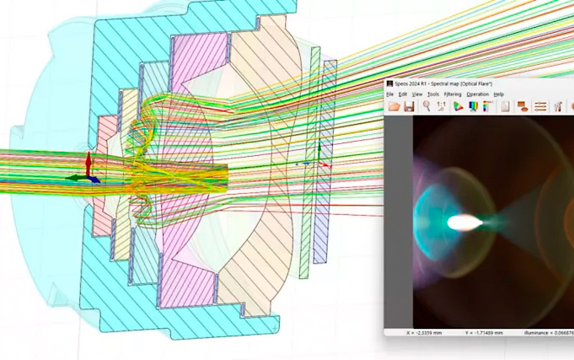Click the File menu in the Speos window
[x=390, y=94]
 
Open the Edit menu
[x=402, y=94]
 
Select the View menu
[x=417, y=94]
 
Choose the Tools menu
[x=432, y=94]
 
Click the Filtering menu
[x=453, y=94]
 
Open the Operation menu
[x=477, y=94]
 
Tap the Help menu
[x=499, y=94]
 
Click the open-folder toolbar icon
[x=394, y=107]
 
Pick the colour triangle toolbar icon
[x=458, y=107]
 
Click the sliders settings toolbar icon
[x=540, y=107]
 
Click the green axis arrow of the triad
[x=77, y=178]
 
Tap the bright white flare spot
[x=464, y=223]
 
